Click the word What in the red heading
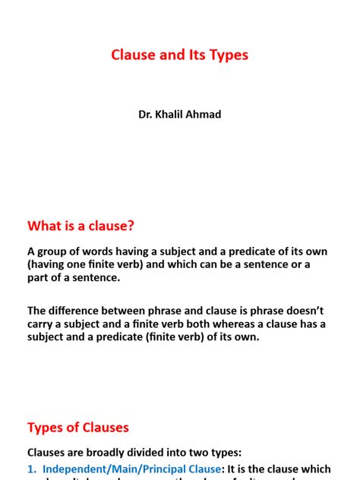46,226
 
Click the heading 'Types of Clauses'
78,427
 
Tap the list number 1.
32,469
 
